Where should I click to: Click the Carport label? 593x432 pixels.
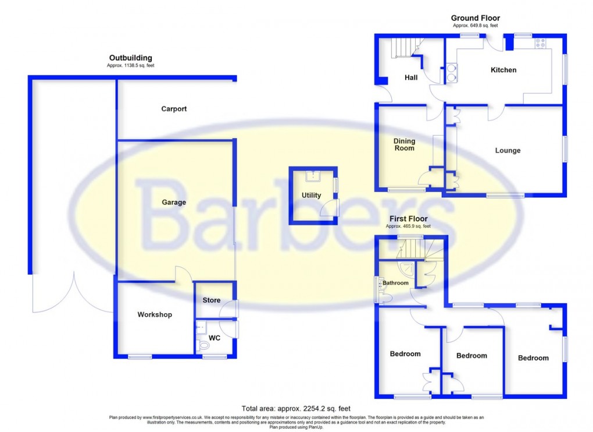(x=174, y=109)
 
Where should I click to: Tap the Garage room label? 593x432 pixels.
(x=174, y=203)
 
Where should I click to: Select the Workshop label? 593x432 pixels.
(x=155, y=315)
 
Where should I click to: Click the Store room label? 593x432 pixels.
(x=212, y=300)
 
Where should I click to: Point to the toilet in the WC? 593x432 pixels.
(x=203, y=346)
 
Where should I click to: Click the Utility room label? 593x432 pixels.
(x=311, y=196)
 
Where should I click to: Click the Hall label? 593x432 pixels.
(x=412, y=78)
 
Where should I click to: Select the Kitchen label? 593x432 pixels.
(x=503, y=70)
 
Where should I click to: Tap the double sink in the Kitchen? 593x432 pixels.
(x=451, y=73)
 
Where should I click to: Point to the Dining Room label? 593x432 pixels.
(x=405, y=144)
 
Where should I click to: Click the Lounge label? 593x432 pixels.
(x=508, y=151)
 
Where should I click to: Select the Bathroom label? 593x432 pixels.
(x=395, y=284)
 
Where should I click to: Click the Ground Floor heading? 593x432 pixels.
(x=476, y=19)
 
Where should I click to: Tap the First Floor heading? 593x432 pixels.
(x=410, y=219)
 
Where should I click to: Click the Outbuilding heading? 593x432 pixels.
(x=131, y=58)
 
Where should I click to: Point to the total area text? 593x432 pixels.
(x=296, y=409)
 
